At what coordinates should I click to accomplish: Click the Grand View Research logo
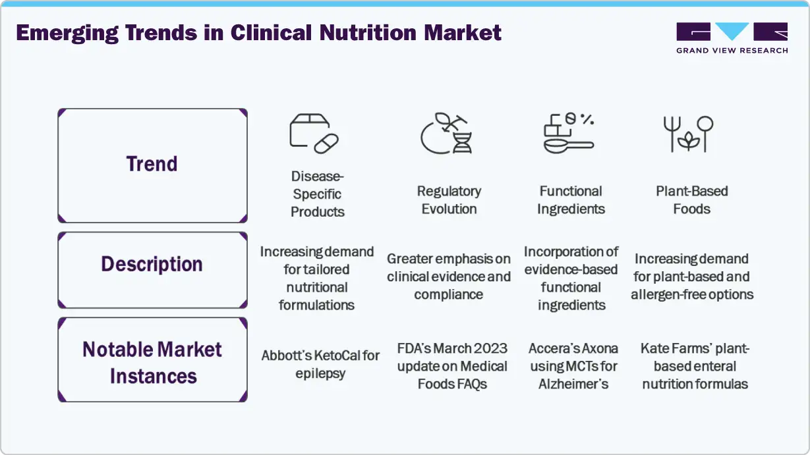pyautogui.click(x=732, y=38)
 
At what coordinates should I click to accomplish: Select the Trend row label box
pyautogui.click(x=152, y=165)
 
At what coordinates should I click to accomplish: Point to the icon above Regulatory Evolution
pyautogui.click(x=446, y=134)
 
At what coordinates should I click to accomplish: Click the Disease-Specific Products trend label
pyautogui.click(x=318, y=194)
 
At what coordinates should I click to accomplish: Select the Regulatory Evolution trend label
pyautogui.click(x=449, y=200)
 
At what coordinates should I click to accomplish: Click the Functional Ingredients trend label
pyautogui.click(x=571, y=200)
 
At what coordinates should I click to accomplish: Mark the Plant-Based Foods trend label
pyautogui.click(x=692, y=200)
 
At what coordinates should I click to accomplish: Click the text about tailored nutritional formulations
pyautogui.click(x=317, y=279)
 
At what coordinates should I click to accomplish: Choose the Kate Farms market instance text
pyautogui.click(x=695, y=366)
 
